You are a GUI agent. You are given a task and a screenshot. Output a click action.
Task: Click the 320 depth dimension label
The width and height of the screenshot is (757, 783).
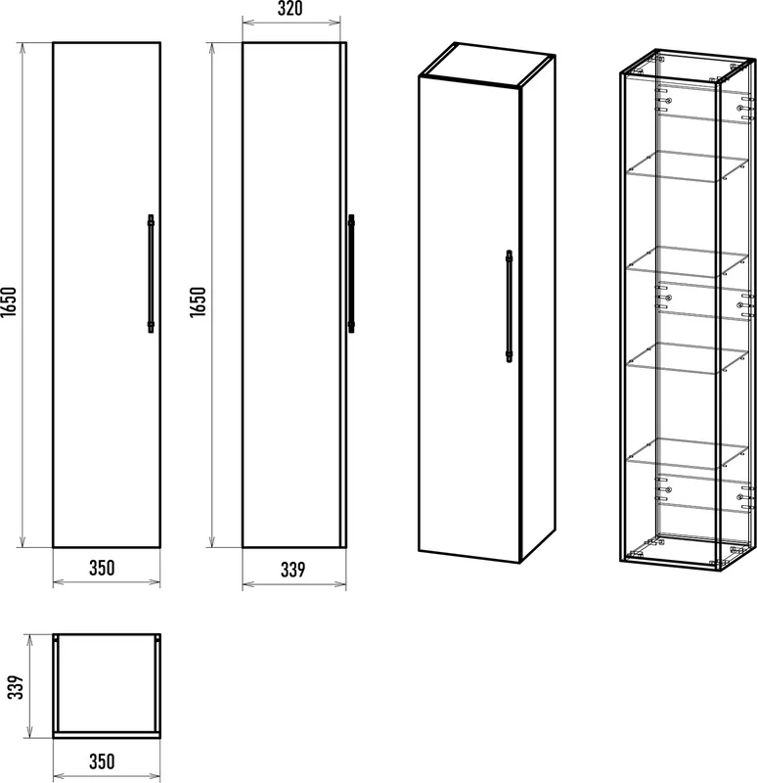point(289,9)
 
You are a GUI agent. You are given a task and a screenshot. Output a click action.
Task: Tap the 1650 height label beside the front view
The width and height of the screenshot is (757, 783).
point(9,301)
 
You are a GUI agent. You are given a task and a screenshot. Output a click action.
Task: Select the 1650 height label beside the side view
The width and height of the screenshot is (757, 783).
point(198,301)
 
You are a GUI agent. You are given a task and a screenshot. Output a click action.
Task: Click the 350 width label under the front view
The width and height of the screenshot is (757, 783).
point(102,568)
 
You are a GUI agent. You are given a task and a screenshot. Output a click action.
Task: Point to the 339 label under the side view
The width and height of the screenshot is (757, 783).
point(292,570)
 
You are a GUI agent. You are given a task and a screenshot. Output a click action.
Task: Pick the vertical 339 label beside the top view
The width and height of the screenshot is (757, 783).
point(16,687)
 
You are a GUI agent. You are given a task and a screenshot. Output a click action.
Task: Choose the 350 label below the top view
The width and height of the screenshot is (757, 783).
point(102,761)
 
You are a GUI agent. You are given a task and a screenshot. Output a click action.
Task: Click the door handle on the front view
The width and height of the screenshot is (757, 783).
point(151,274)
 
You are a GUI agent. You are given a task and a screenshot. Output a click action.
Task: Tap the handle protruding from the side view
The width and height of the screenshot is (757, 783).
point(351,274)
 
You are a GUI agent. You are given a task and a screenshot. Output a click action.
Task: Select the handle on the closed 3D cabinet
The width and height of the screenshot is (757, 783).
point(509,306)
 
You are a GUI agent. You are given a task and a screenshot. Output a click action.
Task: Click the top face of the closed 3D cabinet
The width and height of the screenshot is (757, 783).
point(487,64)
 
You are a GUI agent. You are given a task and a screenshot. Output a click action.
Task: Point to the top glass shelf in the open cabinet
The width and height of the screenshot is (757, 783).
point(688,165)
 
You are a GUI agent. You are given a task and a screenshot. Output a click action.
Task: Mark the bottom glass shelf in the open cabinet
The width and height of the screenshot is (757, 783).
point(688,453)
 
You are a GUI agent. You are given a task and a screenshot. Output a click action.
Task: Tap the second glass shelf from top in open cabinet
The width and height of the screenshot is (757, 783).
point(688,260)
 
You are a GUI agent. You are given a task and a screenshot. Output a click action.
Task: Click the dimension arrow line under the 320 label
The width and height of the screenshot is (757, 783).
point(291,22)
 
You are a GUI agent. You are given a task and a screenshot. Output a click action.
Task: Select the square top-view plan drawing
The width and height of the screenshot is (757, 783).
point(107,686)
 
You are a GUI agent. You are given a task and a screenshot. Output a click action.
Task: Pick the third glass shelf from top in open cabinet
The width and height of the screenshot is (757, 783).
point(688,357)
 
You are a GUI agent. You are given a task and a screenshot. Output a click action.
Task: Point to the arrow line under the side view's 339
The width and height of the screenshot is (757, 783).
point(294,583)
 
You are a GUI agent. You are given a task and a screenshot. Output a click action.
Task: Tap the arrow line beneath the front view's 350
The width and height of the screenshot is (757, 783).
point(107,581)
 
